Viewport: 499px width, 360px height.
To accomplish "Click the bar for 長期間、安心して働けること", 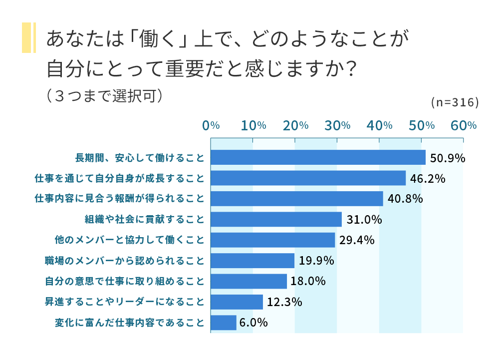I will pos(318,157).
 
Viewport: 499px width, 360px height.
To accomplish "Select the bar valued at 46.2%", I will pos(308,178).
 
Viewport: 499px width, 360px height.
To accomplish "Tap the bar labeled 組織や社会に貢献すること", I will pos(276,219).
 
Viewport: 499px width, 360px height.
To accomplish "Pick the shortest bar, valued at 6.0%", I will pos(223,323).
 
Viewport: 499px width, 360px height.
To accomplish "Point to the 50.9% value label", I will pos(448,158).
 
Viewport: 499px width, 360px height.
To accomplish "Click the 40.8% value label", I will pos(405,199).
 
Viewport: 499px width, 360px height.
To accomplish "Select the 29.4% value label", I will pos(357,240).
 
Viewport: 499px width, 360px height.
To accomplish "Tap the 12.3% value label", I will pos(285,302).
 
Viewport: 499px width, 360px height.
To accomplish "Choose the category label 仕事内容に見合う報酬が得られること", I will pos(119,199).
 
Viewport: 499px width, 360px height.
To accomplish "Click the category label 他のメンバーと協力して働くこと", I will pos(129,240).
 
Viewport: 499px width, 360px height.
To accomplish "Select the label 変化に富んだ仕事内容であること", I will pos(129,323).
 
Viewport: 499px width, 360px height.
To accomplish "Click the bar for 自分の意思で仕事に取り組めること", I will pos(249,281).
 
